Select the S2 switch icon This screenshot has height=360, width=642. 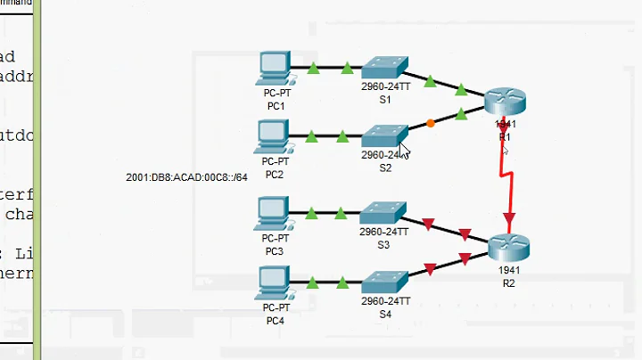pos(384,135)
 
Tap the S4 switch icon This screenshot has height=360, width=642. pos(384,282)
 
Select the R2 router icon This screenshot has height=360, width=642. pos(509,244)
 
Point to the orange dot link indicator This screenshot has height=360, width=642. pos(431,123)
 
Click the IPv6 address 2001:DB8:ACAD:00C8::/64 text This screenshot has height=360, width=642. pos(181,176)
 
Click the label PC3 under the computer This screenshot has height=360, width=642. pos(275,251)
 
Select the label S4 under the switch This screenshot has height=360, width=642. pos(385,314)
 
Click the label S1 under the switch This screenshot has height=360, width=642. pos(385,100)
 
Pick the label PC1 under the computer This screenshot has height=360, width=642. pos(276,106)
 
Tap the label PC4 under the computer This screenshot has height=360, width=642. pos(276,319)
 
